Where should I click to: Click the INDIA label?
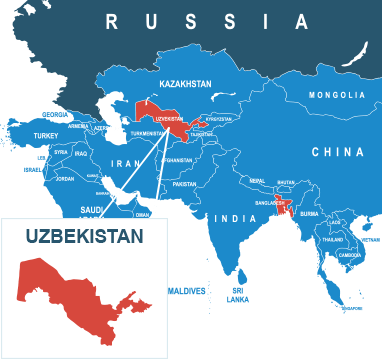click(x=240, y=218)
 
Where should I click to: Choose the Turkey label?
click(x=47, y=135)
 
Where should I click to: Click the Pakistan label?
click(x=184, y=184)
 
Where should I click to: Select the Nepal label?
click(x=257, y=181)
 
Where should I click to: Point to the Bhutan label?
click(x=286, y=183)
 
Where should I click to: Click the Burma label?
click(x=309, y=213)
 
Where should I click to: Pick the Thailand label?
click(x=334, y=240)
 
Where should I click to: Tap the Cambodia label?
click(x=350, y=254)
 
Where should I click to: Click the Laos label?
click(x=335, y=222)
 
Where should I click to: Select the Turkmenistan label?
click(x=147, y=134)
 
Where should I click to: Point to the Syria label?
click(x=61, y=152)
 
